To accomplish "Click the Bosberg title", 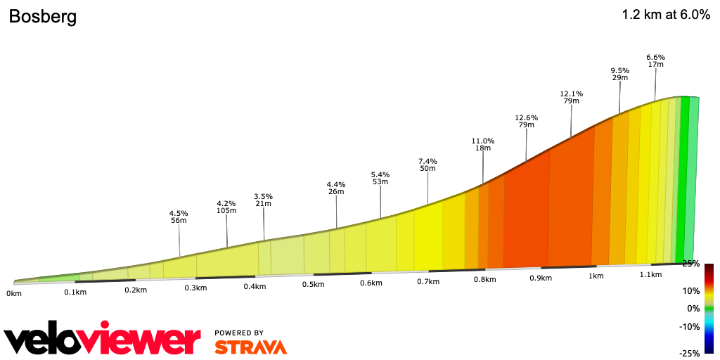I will (x=42, y=17).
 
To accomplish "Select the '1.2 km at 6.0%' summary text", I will (x=666, y=15).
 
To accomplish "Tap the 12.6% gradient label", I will (x=526, y=117).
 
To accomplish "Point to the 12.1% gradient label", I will (x=571, y=94).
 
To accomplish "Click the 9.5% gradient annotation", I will (x=619, y=70).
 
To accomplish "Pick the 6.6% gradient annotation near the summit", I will (x=655, y=57).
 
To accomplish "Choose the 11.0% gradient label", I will (x=483, y=141).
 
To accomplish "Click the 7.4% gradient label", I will (x=427, y=161).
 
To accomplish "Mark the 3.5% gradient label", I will (x=264, y=196).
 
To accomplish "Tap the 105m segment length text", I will (x=226, y=210).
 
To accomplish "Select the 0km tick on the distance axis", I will (x=13, y=292).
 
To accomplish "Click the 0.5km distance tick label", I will (x=314, y=284).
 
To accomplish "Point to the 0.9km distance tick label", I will (x=541, y=278).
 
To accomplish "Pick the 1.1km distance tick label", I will (x=651, y=275).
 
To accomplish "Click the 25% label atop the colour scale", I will (x=691, y=264).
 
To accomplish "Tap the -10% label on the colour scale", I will (x=690, y=326).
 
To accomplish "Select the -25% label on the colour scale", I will (x=690, y=353).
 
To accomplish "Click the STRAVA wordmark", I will (x=250, y=347).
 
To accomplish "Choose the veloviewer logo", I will (x=103, y=340).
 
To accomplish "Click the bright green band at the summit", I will (x=684, y=179).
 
